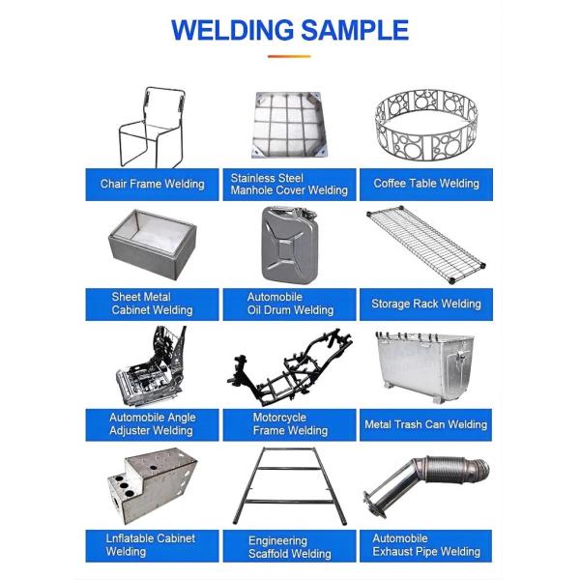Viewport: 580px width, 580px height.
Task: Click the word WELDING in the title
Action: click(235, 30)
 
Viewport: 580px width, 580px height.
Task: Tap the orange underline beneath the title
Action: click(289, 57)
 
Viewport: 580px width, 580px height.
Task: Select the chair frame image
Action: click(153, 128)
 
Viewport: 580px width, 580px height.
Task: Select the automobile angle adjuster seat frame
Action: click(152, 368)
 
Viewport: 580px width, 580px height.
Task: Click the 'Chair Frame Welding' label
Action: click(153, 184)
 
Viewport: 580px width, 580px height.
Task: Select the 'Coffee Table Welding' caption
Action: click(426, 184)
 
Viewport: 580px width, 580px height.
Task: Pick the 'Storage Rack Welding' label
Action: click(426, 304)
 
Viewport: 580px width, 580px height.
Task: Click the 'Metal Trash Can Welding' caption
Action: click(426, 424)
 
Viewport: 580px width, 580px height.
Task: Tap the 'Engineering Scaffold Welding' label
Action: click(290, 547)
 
